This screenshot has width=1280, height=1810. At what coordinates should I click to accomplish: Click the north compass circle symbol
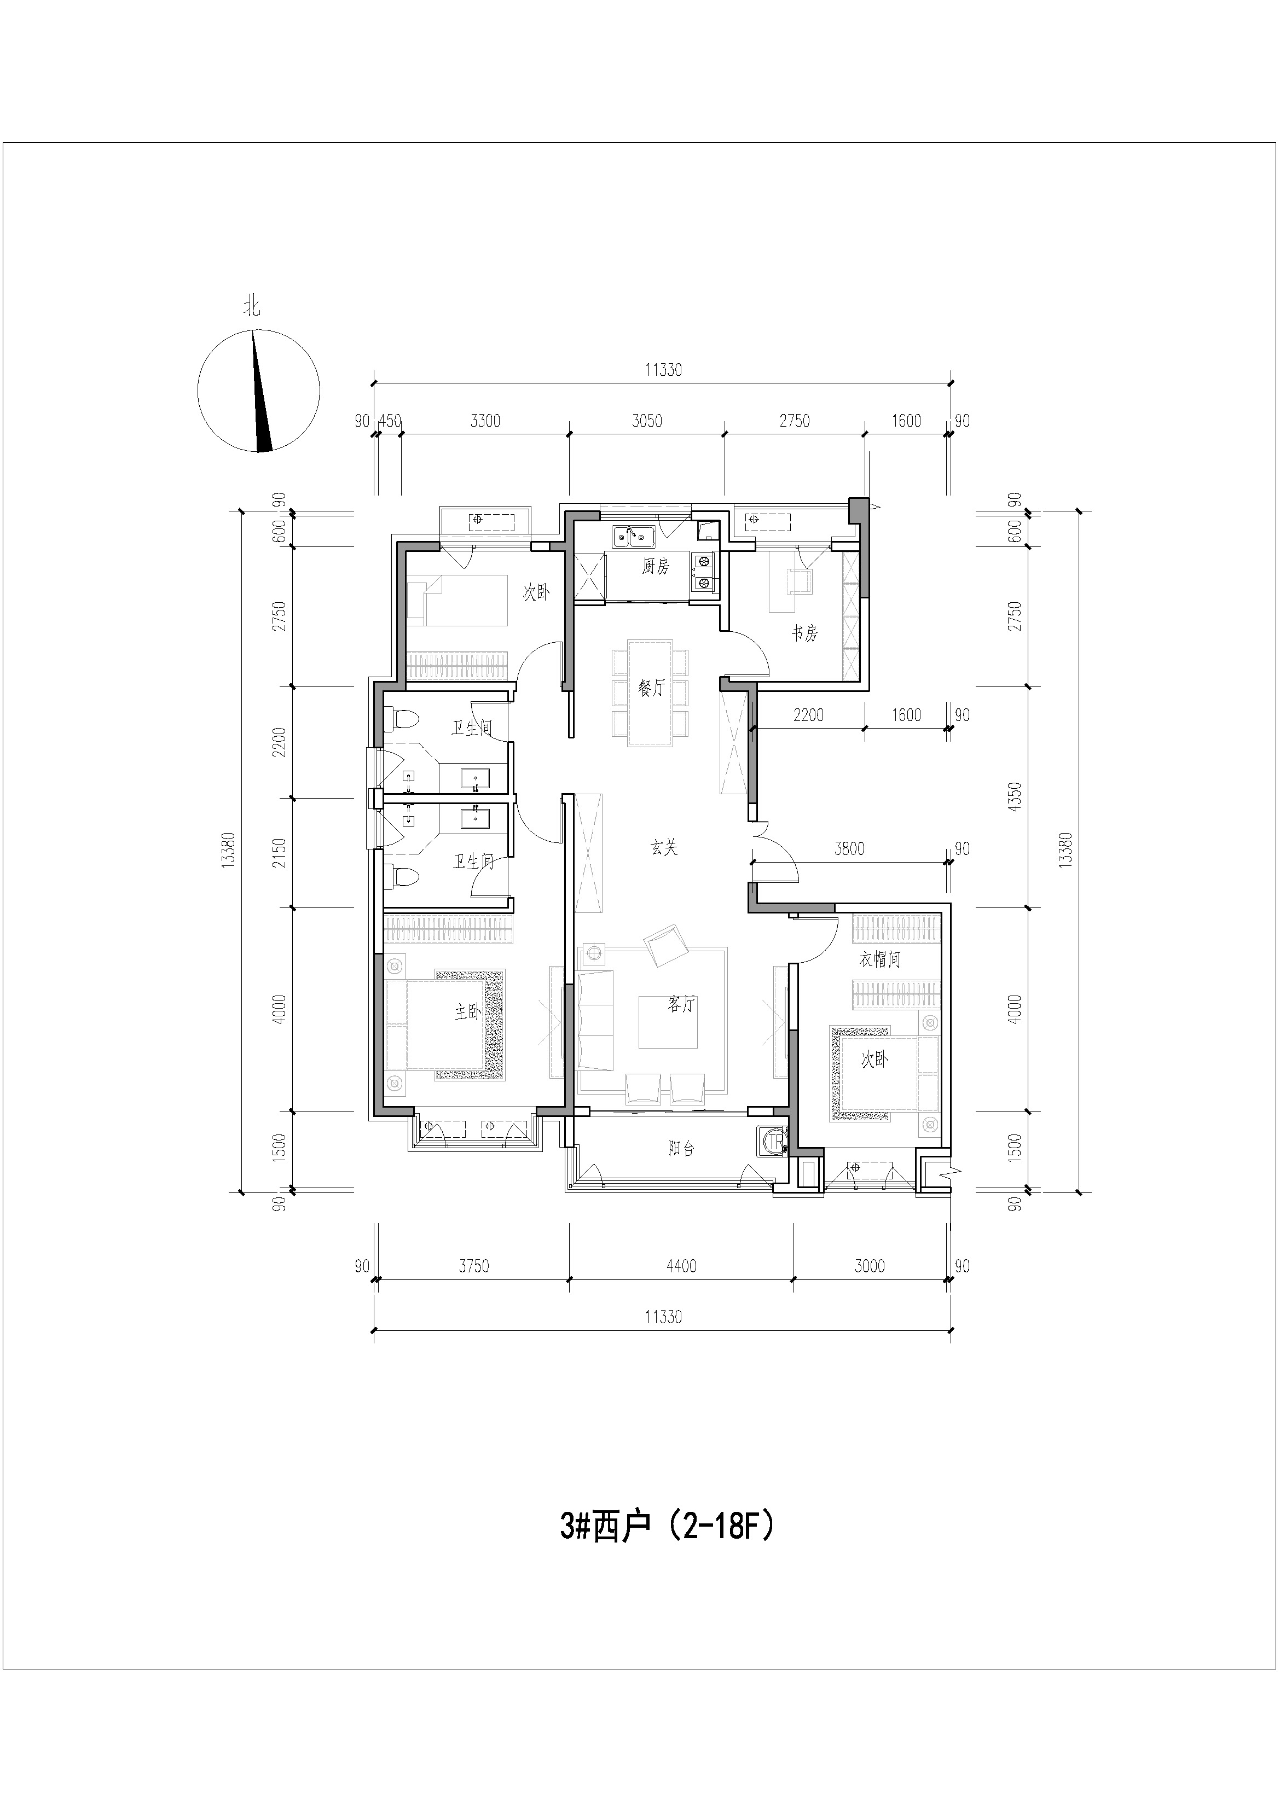(259, 392)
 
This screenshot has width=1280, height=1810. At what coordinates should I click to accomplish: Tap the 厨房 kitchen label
(656, 566)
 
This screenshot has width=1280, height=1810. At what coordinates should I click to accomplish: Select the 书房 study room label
(804, 633)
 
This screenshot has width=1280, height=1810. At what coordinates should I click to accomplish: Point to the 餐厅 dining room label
(651, 688)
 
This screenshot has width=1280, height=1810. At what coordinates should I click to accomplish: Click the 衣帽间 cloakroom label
(880, 959)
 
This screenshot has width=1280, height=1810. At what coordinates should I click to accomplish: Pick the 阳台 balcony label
(681, 1149)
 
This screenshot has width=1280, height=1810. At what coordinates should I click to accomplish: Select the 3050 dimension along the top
(647, 421)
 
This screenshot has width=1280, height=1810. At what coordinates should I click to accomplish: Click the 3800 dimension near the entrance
(849, 849)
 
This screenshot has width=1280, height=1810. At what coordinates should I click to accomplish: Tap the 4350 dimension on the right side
(1015, 797)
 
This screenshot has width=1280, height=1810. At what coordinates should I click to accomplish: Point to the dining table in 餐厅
(651, 692)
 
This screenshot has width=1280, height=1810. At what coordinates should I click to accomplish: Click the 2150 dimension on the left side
(279, 853)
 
